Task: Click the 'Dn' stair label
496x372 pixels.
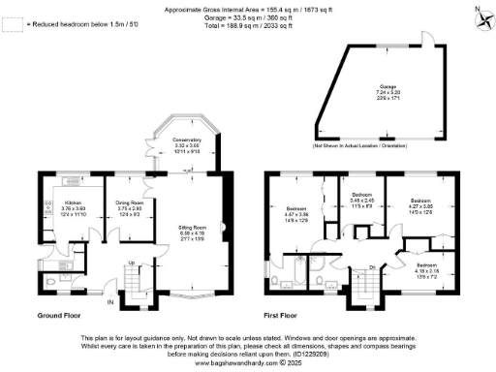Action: pos(372,268)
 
